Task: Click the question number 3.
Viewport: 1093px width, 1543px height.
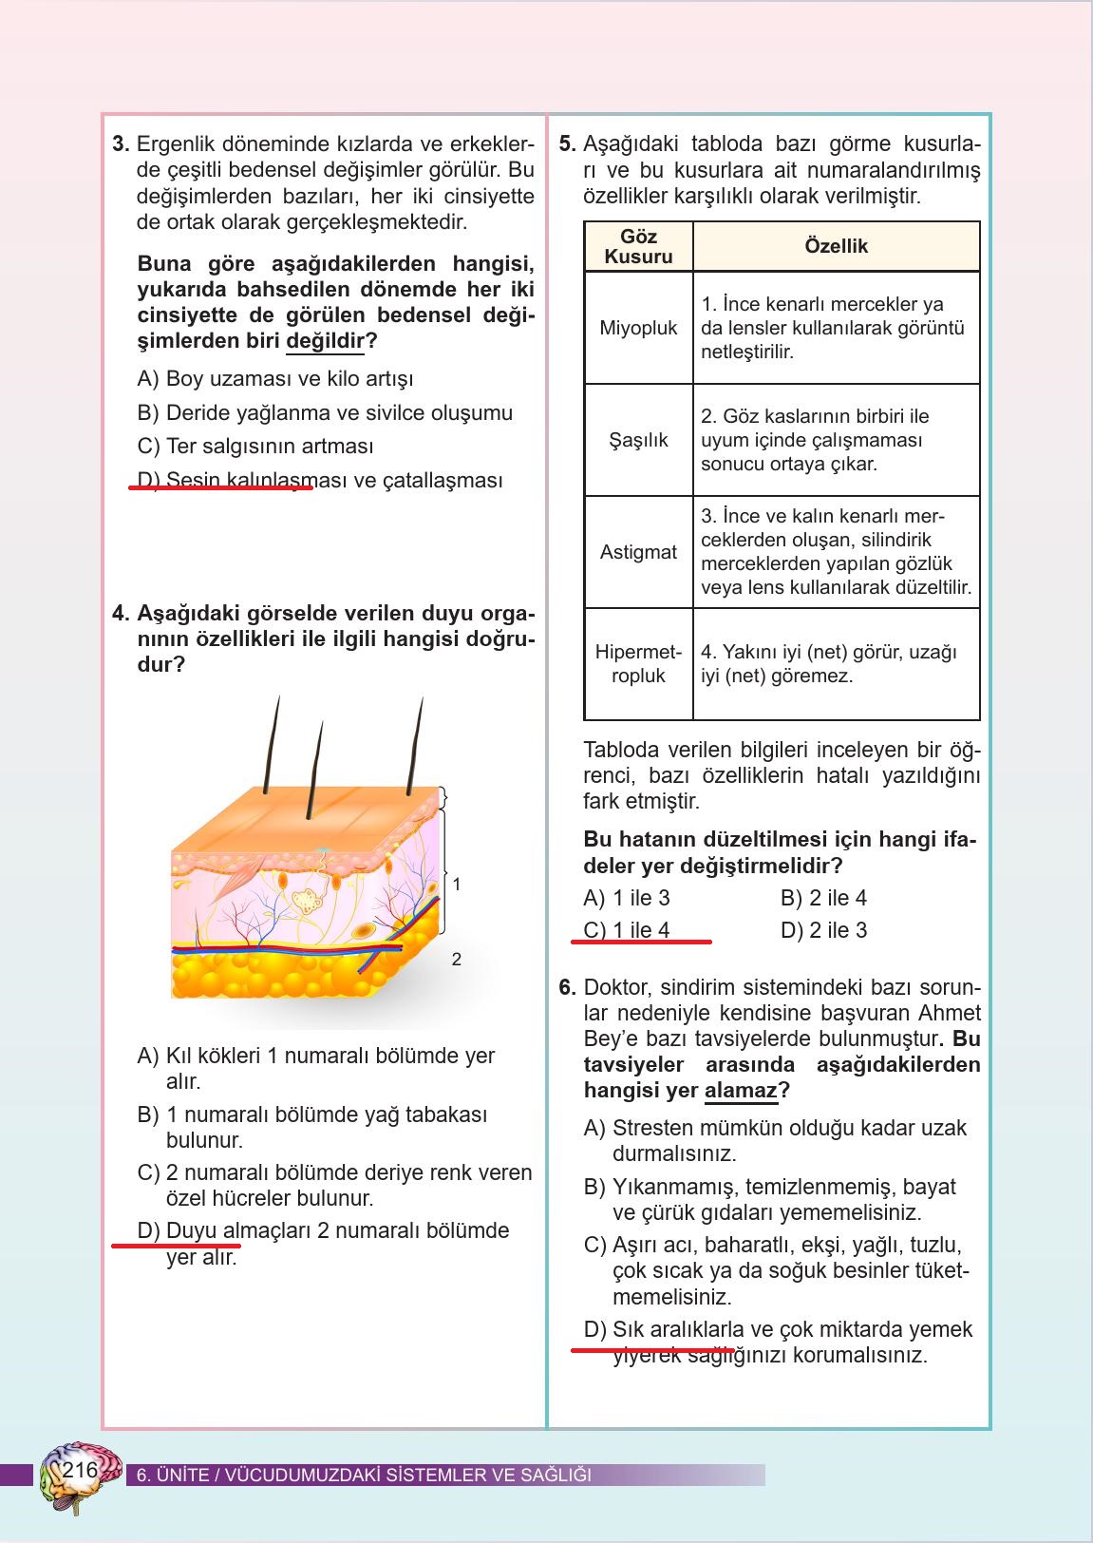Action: click(x=121, y=145)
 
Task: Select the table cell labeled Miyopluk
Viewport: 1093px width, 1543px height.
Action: click(x=638, y=328)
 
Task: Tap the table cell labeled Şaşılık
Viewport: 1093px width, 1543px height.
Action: click(x=638, y=440)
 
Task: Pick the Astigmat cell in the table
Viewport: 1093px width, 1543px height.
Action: click(x=638, y=552)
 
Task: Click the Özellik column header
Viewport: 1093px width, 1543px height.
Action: click(x=836, y=246)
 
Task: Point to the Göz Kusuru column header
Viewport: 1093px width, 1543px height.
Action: click(x=638, y=246)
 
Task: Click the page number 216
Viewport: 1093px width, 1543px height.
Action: click(x=80, y=1471)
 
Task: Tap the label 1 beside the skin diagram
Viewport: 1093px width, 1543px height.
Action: click(x=457, y=885)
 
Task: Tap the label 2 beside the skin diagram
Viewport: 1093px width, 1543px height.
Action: click(x=457, y=960)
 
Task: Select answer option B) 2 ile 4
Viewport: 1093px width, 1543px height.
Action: click(x=823, y=898)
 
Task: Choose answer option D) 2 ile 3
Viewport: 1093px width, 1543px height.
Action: click(x=823, y=930)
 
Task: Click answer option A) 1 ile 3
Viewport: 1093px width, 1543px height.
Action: click(x=627, y=898)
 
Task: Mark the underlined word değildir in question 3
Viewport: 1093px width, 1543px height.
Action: click(x=325, y=341)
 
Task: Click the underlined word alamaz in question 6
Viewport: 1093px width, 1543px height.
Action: click(x=741, y=1091)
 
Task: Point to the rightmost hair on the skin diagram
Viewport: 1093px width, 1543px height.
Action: click(x=415, y=746)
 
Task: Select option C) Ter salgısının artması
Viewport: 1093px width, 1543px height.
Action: click(x=255, y=447)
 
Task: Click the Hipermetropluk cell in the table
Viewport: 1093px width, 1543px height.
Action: click(x=638, y=664)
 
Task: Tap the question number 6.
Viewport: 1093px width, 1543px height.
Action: click(x=567, y=987)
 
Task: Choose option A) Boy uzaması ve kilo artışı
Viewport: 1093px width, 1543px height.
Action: click(x=275, y=379)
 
